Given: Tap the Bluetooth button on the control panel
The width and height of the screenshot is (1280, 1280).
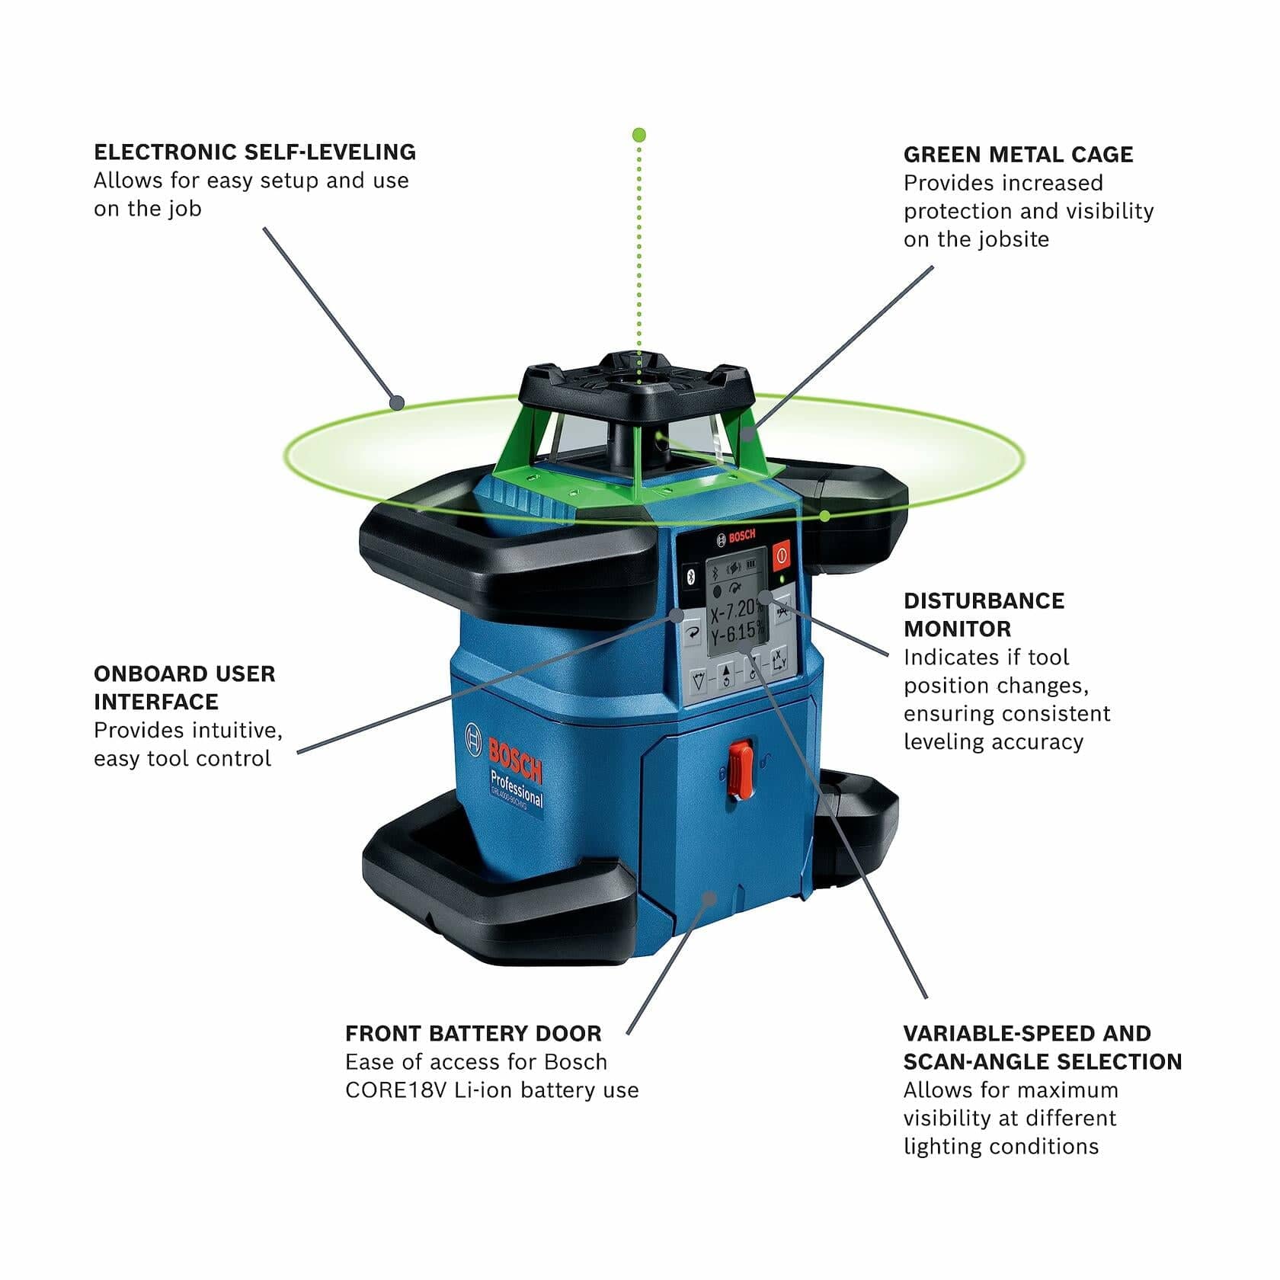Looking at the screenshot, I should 691,577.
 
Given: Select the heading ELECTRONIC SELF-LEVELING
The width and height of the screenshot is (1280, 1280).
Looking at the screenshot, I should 254,152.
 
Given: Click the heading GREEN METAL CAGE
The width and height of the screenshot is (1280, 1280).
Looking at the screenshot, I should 1018,155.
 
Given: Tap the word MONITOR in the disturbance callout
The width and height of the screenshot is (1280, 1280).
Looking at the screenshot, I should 957,629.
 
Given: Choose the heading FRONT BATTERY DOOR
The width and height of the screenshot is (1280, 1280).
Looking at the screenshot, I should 473,1034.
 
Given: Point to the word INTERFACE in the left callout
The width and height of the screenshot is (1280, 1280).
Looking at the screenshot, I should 155,702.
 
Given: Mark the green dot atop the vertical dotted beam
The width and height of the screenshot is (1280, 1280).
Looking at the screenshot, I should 639,135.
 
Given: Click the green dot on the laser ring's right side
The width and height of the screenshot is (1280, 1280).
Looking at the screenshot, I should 825,517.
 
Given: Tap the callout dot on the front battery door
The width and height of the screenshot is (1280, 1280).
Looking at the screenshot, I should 710,898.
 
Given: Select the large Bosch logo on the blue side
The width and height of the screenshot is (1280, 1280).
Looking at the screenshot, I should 514,760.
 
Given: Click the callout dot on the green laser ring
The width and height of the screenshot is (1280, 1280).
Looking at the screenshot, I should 395,403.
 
